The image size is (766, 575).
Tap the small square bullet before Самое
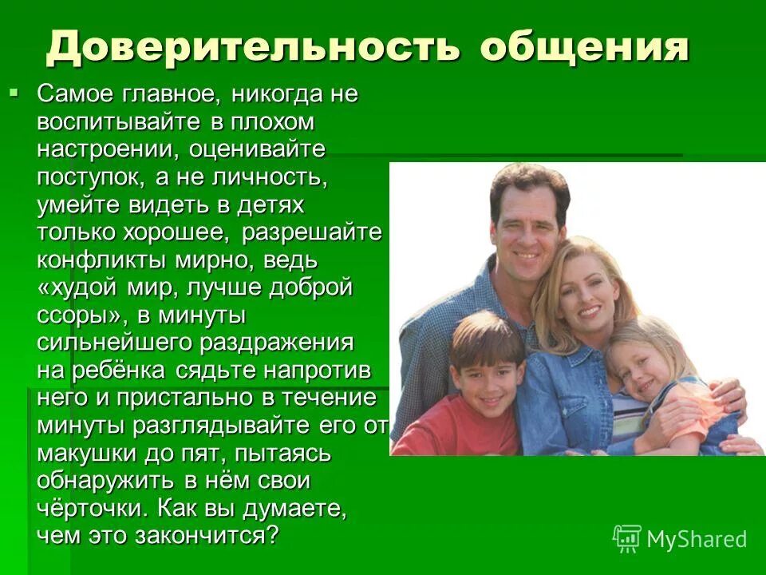[x=13, y=94]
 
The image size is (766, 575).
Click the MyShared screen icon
[x=627, y=539]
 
